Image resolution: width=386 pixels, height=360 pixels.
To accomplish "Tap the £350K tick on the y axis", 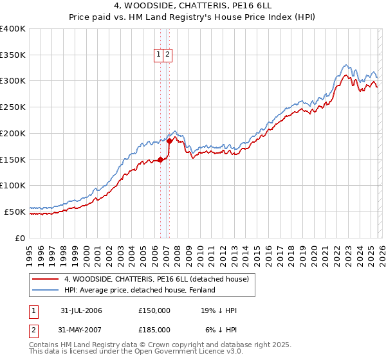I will (13, 55).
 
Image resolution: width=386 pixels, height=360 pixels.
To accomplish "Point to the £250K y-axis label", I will (13, 107).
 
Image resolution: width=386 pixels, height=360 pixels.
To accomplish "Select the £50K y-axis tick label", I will (15, 212).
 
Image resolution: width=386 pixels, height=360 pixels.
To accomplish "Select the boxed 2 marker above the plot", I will (167, 55).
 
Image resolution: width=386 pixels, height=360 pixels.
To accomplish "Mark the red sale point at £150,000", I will (160, 160).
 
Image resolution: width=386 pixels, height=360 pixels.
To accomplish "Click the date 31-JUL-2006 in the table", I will (81, 310).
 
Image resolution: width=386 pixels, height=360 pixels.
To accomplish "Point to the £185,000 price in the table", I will (154, 330).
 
